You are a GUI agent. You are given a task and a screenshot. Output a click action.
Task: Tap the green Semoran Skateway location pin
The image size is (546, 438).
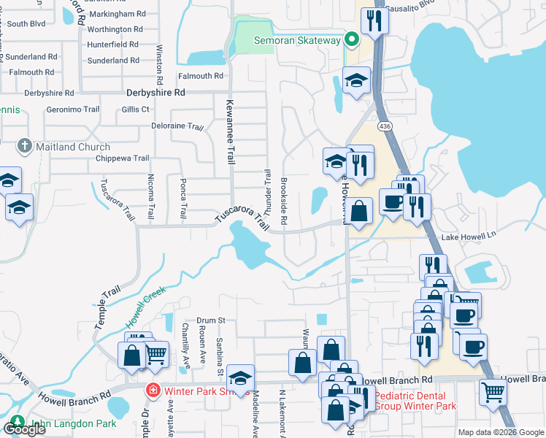pos(351,39)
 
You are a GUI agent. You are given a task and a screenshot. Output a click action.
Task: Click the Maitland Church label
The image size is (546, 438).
pos(74,147)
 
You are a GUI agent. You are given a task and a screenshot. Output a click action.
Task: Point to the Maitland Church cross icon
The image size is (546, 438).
pos(25,147)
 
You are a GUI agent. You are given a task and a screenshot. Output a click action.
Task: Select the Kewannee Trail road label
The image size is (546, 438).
pos(230,131)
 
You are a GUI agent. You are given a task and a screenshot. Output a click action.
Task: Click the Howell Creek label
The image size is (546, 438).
pos(145,304)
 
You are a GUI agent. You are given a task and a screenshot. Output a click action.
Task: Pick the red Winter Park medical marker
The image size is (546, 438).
pos(153,391)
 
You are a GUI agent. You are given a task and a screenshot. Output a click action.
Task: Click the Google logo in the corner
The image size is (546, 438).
pos(23,429)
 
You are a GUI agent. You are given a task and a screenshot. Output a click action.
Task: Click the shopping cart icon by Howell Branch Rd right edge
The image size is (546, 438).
pos(493,392)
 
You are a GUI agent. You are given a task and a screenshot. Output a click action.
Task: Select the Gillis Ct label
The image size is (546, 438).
pos(136,109)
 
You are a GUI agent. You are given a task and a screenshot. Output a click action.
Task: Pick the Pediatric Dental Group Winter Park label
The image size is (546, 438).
pos(415,401)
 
